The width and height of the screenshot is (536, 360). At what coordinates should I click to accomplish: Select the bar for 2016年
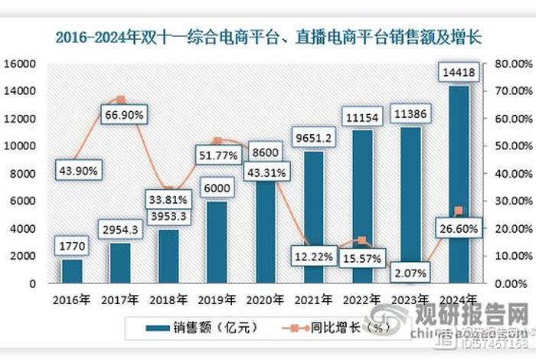click(x=72, y=271)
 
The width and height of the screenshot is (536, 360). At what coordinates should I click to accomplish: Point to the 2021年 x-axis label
click(x=314, y=299)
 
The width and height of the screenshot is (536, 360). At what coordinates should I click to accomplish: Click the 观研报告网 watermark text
click(x=472, y=316)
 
